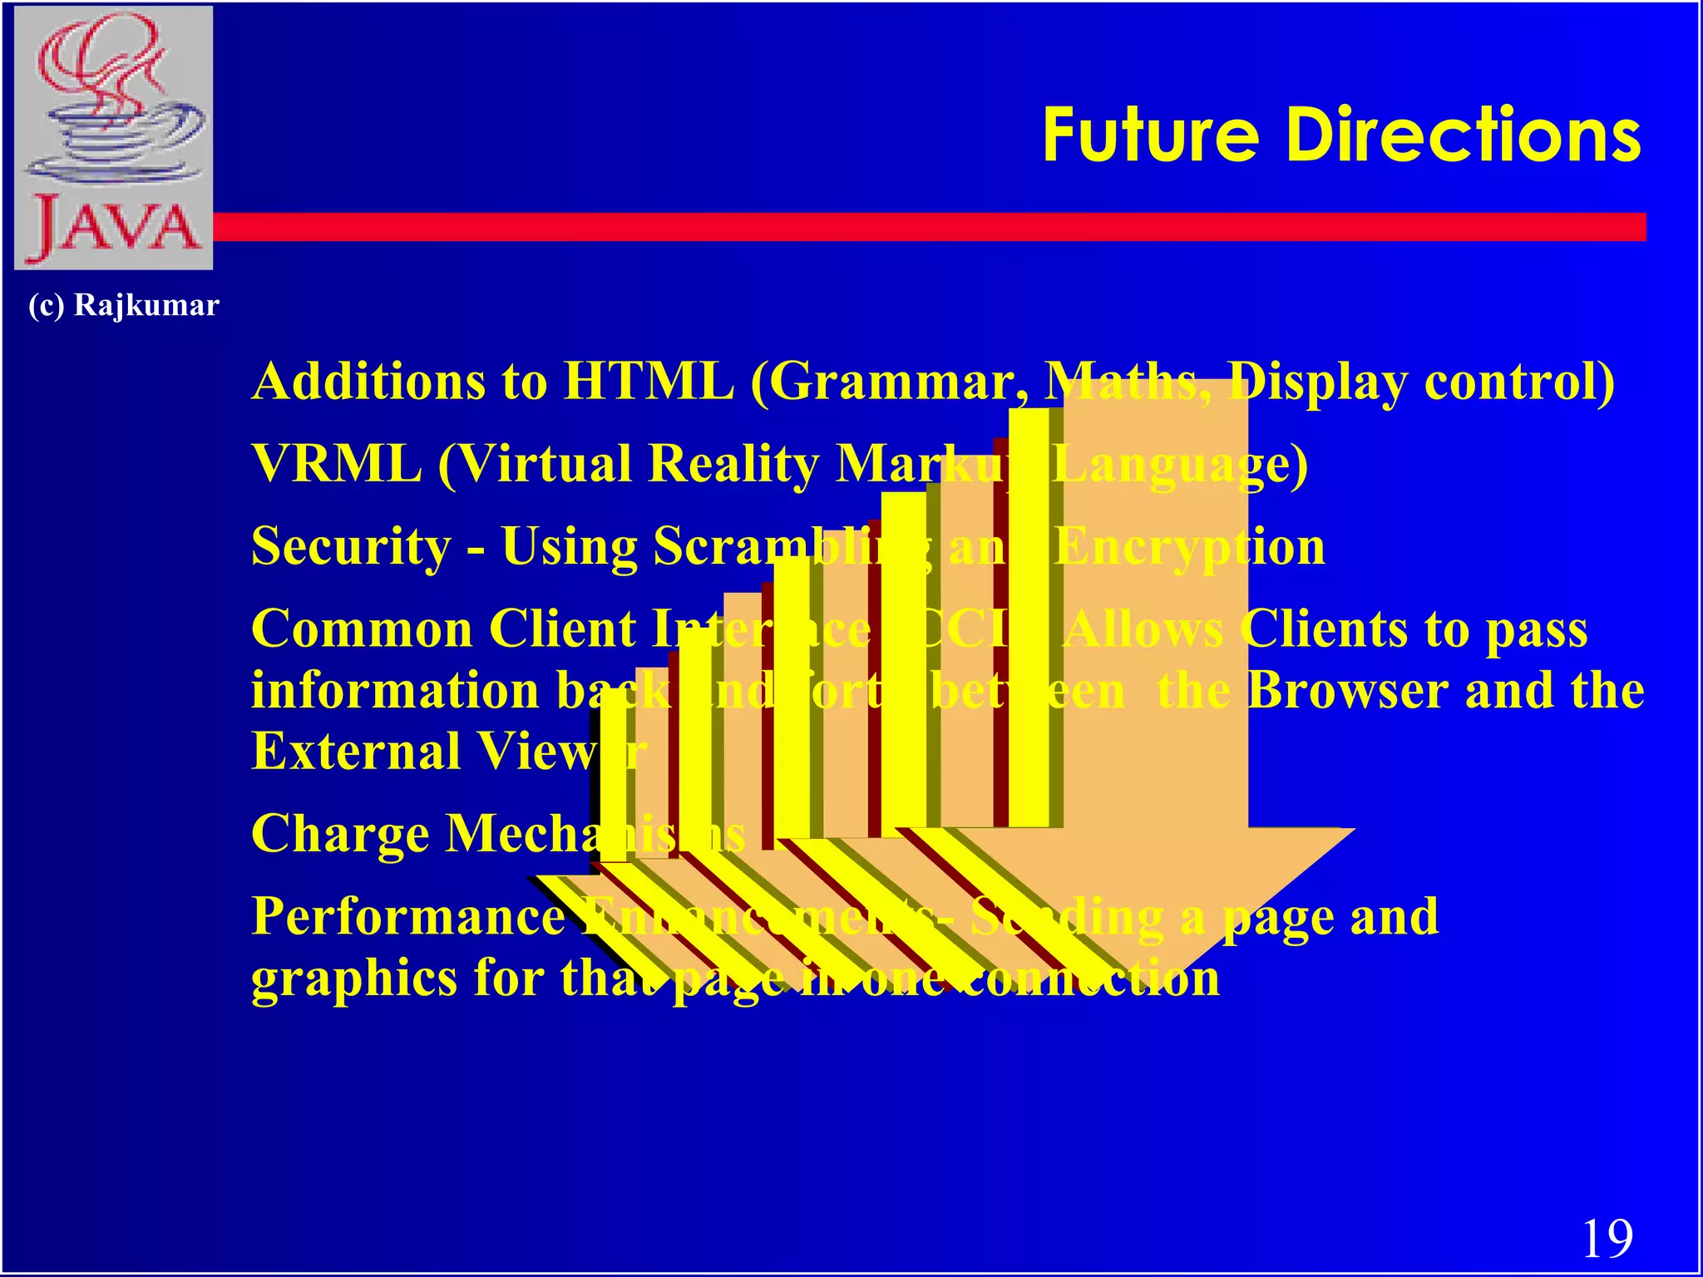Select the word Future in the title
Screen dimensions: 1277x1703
tap(1151, 136)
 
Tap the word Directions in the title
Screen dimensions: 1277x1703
tap(1464, 136)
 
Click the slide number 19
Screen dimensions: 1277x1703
tap(1607, 1238)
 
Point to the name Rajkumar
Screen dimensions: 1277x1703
tap(146, 305)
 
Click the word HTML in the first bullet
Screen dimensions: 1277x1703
tap(649, 382)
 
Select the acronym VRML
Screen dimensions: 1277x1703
tap(336, 463)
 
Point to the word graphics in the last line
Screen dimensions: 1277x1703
tap(353, 979)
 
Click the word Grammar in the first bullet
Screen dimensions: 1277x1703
tap(889, 382)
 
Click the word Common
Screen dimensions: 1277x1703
tap(361, 629)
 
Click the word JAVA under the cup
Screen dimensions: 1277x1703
tap(114, 228)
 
